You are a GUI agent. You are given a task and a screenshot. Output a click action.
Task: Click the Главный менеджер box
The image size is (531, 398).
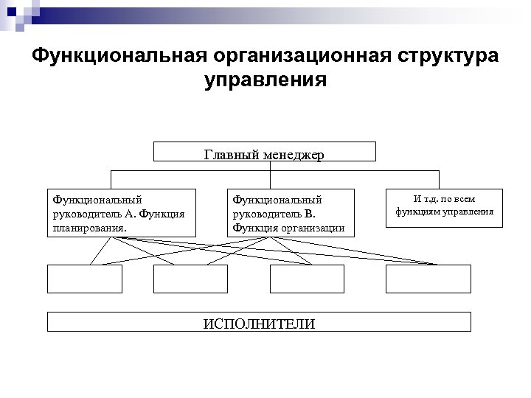point(265,152)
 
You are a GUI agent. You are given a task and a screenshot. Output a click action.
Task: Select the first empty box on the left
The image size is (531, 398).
point(84,279)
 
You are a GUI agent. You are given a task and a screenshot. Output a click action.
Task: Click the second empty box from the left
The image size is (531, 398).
point(190,279)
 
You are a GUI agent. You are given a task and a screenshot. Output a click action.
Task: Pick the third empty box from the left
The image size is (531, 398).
point(307,279)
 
